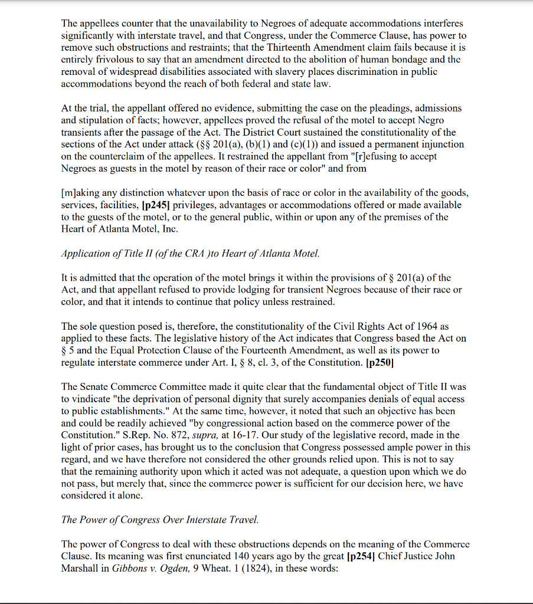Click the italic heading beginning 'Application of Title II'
coord(190,254)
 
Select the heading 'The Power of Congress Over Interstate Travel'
coord(160,520)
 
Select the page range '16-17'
coord(225,435)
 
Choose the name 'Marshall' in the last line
coord(81,568)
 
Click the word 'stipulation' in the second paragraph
coord(97,120)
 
